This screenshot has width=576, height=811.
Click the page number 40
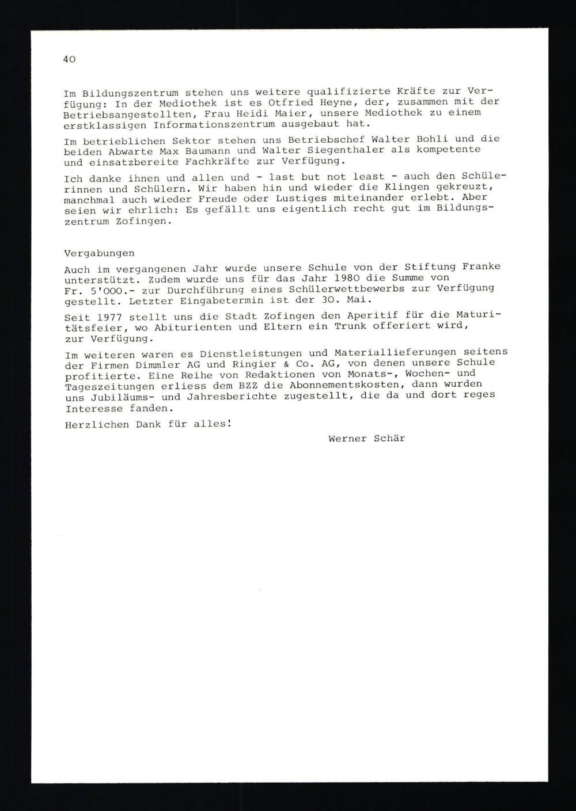point(69,59)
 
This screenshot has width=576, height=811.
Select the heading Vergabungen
point(99,253)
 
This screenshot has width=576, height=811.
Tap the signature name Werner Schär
point(366,438)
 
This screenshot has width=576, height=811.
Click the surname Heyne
point(320,102)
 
